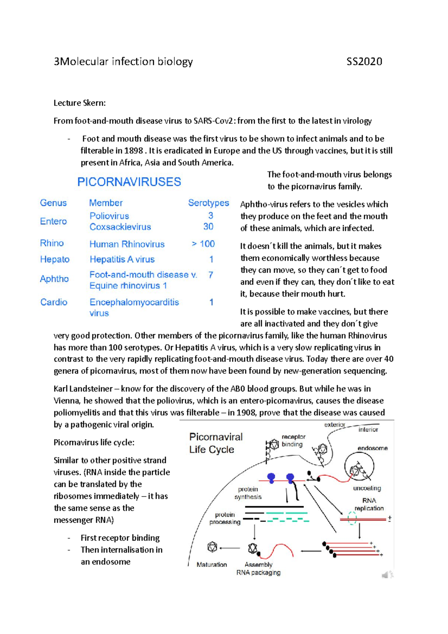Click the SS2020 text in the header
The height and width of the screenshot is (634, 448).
[x=364, y=62]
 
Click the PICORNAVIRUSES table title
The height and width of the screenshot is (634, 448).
[x=129, y=182]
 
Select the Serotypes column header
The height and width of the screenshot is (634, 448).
[x=208, y=203]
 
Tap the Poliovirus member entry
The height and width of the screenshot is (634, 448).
[x=109, y=216]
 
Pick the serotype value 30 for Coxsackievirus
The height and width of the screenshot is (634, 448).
[x=208, y=227]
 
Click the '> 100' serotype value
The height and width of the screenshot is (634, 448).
[x=203, y=244]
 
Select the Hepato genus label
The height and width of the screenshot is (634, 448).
[x=55, y=259]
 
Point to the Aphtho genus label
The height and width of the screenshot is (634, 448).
[x=54, y=279]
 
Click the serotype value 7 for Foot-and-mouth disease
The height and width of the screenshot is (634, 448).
[x=211, y=275]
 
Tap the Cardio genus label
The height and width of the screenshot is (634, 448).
[x=54, y=302]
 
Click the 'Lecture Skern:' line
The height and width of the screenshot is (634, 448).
[x=80, y=103]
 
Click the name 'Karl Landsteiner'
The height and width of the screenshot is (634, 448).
[x=83, y=389]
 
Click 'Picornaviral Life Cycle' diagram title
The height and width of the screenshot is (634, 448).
[x=215, y=443]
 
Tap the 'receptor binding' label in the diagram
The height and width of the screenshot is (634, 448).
[x=293, y=441]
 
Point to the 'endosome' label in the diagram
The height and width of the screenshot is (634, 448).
[x=372, y=448]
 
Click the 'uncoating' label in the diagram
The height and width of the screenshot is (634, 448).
[x=367, y=488]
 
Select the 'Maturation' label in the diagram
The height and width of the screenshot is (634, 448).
[x=212, y=565]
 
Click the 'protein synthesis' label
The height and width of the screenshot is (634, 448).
[x=248, y=493]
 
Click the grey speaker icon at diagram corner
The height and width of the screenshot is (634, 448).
[x=387, y=575]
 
